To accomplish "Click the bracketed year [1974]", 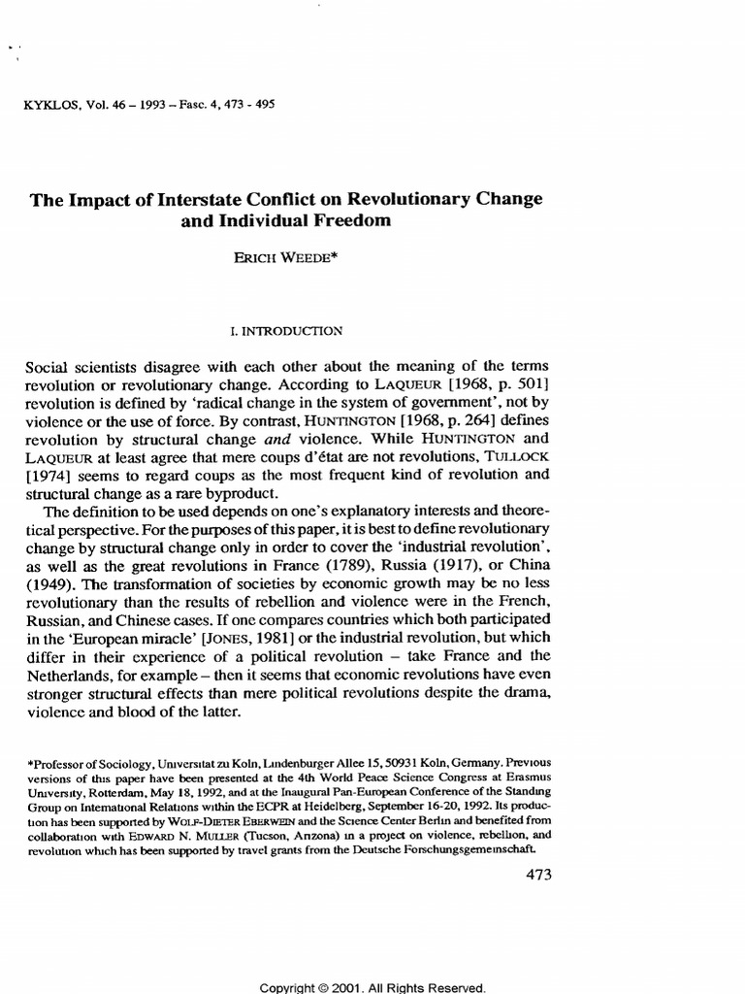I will (48, 477).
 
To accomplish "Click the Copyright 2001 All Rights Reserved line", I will (372, 987).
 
